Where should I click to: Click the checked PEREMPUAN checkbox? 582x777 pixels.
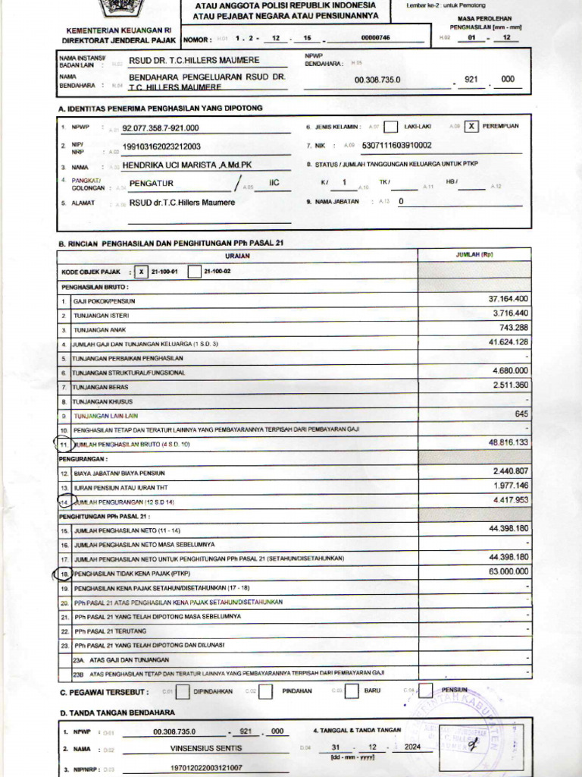[471, 127]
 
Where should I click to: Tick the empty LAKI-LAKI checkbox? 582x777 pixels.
[391, 127]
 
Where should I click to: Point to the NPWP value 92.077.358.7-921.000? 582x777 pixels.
[161, 128]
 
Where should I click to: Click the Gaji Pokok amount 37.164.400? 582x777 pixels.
[508, 299]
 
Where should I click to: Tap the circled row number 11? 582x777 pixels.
[64, 442]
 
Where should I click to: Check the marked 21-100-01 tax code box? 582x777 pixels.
[141, 272]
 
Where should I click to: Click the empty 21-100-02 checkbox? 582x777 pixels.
[194, 272]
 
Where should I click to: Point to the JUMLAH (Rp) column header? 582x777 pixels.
[474, 254]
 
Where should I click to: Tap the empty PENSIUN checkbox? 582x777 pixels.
[426, 690]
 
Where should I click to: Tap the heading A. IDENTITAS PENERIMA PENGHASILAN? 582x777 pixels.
[161, 109]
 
